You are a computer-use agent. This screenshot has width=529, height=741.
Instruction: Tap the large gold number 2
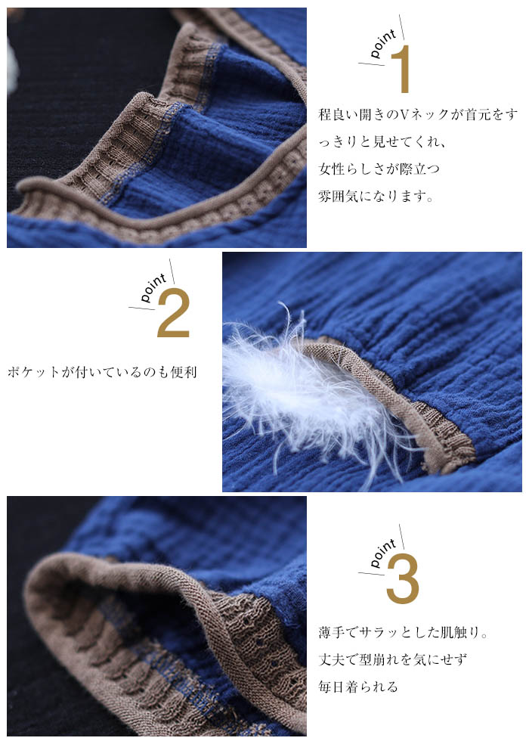pyautogui.click(x=173, y=313)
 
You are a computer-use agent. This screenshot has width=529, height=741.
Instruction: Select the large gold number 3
pyautogui.click(x=403, y=578)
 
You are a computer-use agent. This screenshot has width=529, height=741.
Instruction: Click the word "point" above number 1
pyautogui.click(x=383, y=44)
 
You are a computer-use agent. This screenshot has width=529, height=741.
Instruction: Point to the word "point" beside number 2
pyautogui.click(x=153, y=288)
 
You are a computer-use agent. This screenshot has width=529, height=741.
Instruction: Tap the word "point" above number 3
pyautogui.click(x=383, y=553)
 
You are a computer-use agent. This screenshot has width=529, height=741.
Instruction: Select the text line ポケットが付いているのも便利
pyautogui.click(x=102, y=372)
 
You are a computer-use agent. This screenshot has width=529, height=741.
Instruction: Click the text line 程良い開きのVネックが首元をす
pyautogui.click(x=418, y=114)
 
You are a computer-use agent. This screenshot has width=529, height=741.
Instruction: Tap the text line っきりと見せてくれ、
pyautogui.click(x=382, y=142)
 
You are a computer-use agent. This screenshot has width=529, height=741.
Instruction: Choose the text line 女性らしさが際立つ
pyautogui.click(x=379, y=169)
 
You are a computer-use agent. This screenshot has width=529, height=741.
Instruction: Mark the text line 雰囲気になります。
pyautogui.click(x=376, y=196)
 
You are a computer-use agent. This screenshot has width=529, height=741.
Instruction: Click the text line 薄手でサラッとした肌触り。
pyautogui.click(x=404, y=632)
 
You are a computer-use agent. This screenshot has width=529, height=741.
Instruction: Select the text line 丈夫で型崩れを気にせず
pyautogui.click(x=392, y=659)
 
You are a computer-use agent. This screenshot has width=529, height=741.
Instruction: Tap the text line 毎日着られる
pyautogui.click(x=358, y=687)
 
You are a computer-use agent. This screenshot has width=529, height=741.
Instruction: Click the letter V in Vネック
pyautogui.click(x=405, y=115)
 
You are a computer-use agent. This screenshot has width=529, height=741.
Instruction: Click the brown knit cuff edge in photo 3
pyautogui.click(x=142, y=581)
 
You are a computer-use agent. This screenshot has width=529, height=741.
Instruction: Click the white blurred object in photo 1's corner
pyautogui.click(x=12, y=67)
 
